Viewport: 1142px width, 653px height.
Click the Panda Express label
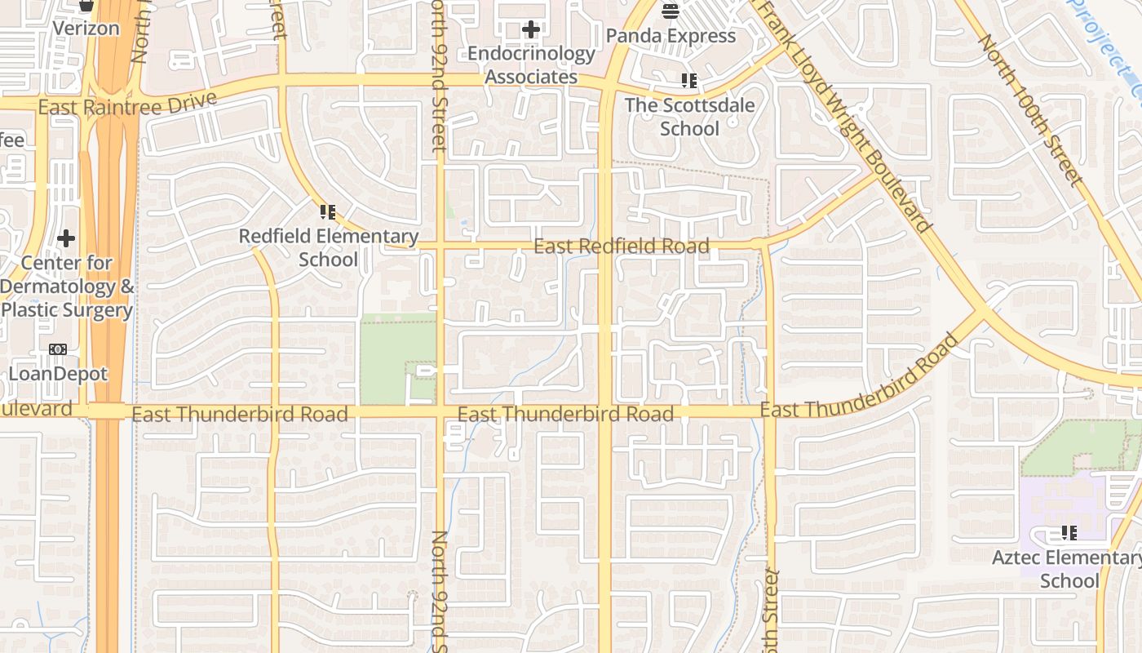[671, 36]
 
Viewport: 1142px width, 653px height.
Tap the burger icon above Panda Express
[671, 11]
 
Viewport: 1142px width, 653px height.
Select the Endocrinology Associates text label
[531, 65]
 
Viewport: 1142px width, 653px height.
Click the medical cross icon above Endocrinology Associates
[531, 30]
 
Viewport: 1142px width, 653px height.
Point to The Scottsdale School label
[689, 117]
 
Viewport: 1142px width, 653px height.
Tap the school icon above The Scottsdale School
[689, 81]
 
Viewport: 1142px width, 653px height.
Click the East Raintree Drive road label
[128, 104]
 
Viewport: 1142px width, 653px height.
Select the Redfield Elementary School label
[328, 248]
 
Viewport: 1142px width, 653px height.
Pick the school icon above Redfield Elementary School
[328, 213]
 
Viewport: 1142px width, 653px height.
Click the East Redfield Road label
[622, 247]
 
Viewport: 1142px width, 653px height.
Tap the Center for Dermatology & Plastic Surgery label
[67, 287]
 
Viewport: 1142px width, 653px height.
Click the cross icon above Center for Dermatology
[66, 239]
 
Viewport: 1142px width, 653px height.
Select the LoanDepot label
[58, 374]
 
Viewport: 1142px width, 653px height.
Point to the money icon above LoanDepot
[58, 349]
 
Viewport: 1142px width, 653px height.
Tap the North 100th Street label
[1031, 109]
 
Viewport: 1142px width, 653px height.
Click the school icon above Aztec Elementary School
[1069, 534]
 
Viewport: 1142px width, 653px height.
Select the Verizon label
[86, 29]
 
